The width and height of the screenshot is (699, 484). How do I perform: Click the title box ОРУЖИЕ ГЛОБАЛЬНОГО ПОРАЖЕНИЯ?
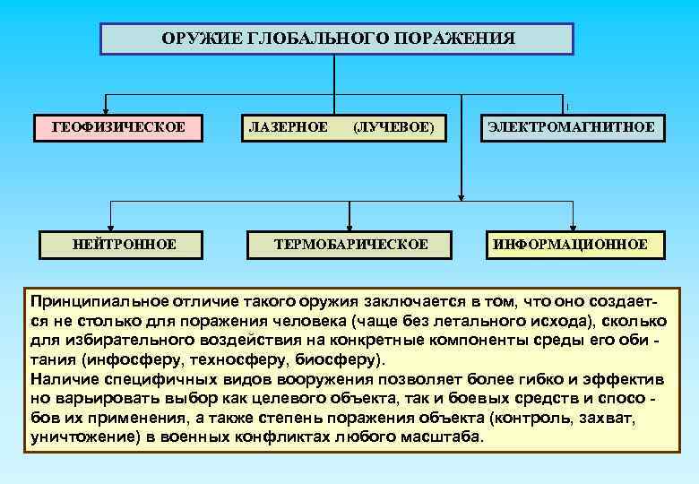[x=336, y=39]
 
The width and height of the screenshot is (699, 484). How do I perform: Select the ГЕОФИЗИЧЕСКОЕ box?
[x=119, y=127]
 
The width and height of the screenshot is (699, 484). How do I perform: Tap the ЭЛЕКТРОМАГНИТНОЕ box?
[x=571, y=127]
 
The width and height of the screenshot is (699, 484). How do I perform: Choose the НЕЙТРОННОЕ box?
[x=124, y=244]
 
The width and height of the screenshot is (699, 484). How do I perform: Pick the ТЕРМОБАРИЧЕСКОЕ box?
[x=351, y=244]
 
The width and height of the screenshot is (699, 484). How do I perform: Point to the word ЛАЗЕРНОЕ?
[x=287, y=127]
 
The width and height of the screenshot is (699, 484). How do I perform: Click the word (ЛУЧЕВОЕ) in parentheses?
[x=394, y=127]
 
